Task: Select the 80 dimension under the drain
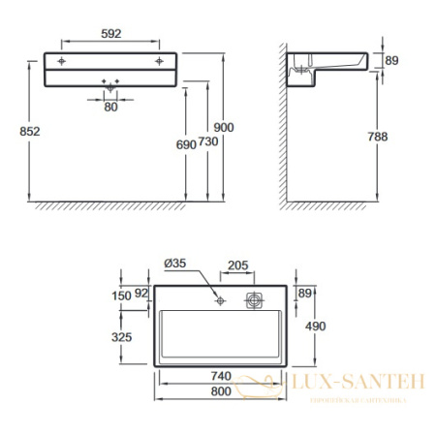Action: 110,107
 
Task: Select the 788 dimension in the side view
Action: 378,137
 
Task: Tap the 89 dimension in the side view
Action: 391,61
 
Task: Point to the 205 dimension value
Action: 239,265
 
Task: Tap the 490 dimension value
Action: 316,327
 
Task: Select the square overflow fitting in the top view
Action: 255,299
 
